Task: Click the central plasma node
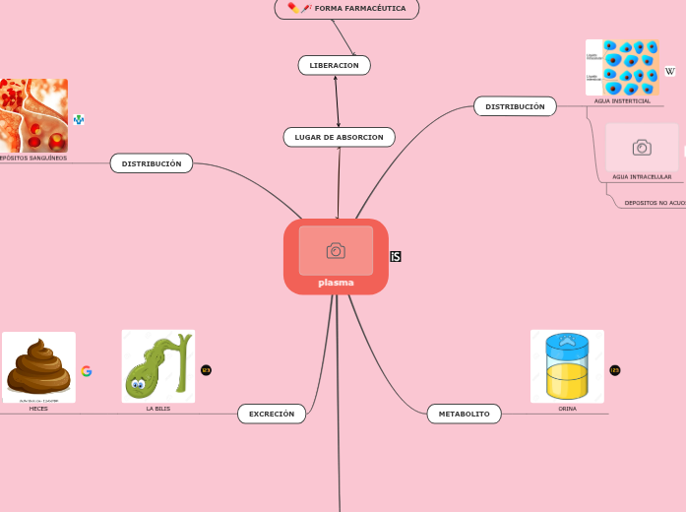[336, 283]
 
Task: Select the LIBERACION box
[335, 65]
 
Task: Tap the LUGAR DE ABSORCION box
[339, 137]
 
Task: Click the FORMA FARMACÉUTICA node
[347, 8]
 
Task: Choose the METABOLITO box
[464, 415]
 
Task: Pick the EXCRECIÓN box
[272, 415]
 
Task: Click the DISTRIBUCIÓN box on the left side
[152, 163]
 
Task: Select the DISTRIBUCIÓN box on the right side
[515, 106]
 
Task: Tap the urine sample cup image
[567, 365]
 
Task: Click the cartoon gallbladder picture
[157, 365]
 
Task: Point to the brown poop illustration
[38, 366]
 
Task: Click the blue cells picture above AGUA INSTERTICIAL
[622, 67]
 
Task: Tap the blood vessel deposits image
[33, 115]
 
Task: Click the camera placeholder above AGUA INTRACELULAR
[642, 148]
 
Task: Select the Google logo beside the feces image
[87, 371]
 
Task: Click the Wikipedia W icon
[670, 71]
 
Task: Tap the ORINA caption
[568, 409]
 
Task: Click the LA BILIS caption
[157, 409]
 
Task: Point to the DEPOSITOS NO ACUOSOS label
[655, 203]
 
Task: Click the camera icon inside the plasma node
[336, 250]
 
